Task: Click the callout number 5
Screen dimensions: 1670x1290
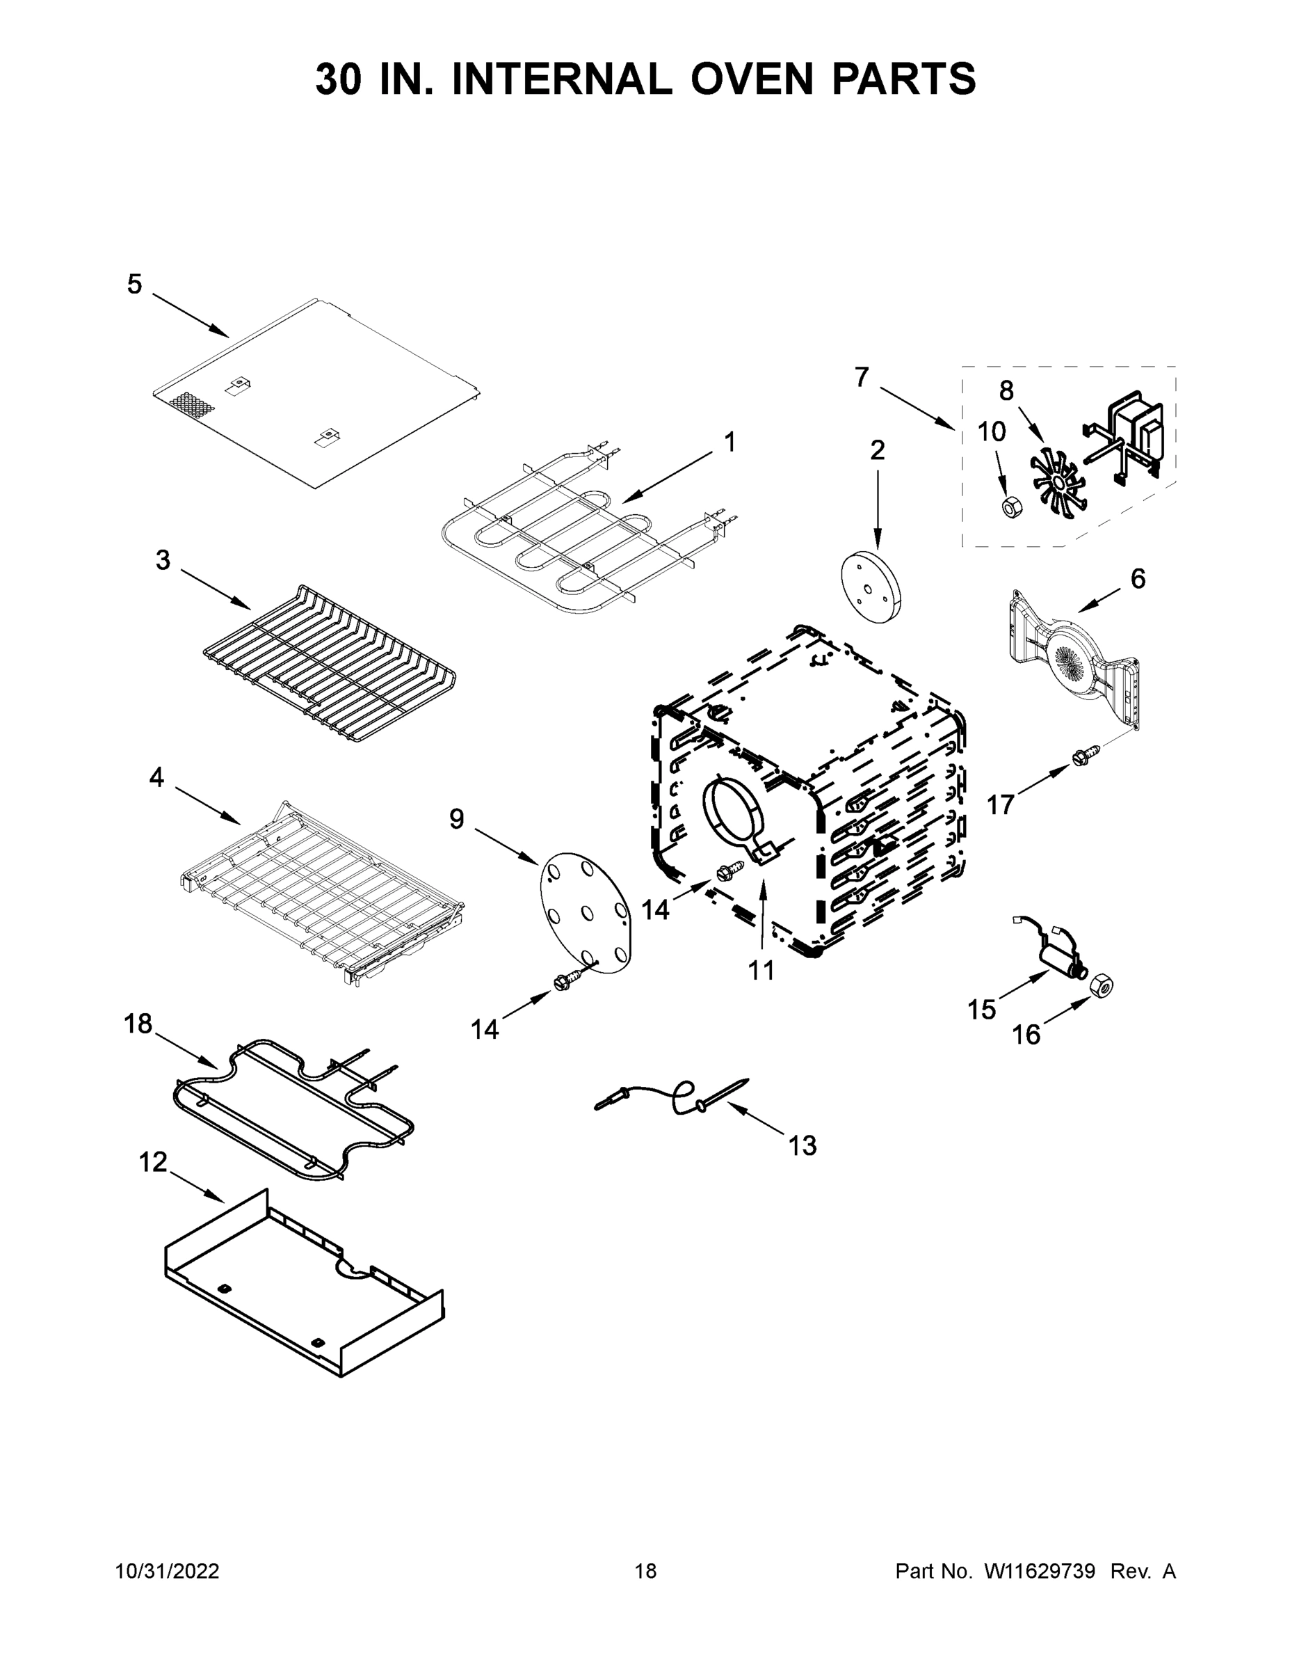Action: [134, 285]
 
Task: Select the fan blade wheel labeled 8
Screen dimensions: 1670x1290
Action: [1058, 484]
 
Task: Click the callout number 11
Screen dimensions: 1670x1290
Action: [761, 971]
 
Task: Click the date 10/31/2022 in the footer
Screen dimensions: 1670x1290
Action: [168, 1571]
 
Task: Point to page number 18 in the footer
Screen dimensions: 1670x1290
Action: [645, 1571]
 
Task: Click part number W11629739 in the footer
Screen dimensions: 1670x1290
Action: [1040, 1571]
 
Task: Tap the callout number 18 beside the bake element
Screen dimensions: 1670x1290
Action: [138, 1023]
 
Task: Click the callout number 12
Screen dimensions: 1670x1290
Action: [153, 1161]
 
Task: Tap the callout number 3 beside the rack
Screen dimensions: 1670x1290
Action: [163, 559]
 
